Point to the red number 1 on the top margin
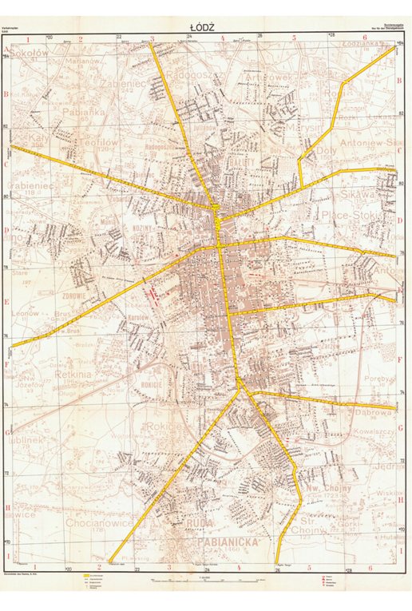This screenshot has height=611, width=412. pyautogui.click(x=29, y=38)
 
